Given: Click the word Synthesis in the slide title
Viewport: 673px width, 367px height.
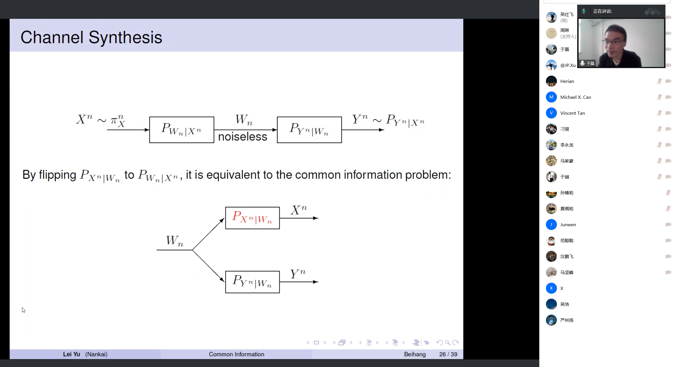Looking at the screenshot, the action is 125,38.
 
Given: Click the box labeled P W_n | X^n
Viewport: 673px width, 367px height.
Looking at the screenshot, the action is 182,130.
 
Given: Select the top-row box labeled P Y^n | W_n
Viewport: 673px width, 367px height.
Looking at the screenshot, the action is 309,130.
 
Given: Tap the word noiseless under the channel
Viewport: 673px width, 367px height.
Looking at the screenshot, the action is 243,137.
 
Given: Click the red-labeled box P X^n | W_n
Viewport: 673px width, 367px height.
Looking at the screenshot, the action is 252,218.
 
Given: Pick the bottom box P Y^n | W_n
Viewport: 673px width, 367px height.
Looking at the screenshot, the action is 252,282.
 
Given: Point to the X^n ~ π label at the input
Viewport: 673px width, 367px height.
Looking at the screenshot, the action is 100,120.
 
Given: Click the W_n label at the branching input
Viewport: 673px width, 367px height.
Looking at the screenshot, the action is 175,241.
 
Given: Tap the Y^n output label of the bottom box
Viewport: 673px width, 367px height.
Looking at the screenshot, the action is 298,273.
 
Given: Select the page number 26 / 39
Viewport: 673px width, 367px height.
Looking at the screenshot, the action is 448,354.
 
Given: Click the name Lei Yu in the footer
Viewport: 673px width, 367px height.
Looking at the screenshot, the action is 71,354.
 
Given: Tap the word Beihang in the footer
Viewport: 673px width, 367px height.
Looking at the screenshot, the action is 415,354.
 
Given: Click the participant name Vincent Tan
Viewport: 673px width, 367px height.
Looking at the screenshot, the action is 573,113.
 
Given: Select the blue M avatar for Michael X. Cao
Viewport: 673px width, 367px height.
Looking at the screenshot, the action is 551,97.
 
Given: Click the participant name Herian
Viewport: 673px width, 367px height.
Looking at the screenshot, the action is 567,81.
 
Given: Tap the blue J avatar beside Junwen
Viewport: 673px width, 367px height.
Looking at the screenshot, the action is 551,224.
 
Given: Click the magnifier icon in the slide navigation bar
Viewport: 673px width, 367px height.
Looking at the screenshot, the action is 448,343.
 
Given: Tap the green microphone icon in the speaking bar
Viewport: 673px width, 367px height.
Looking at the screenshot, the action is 584,11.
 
